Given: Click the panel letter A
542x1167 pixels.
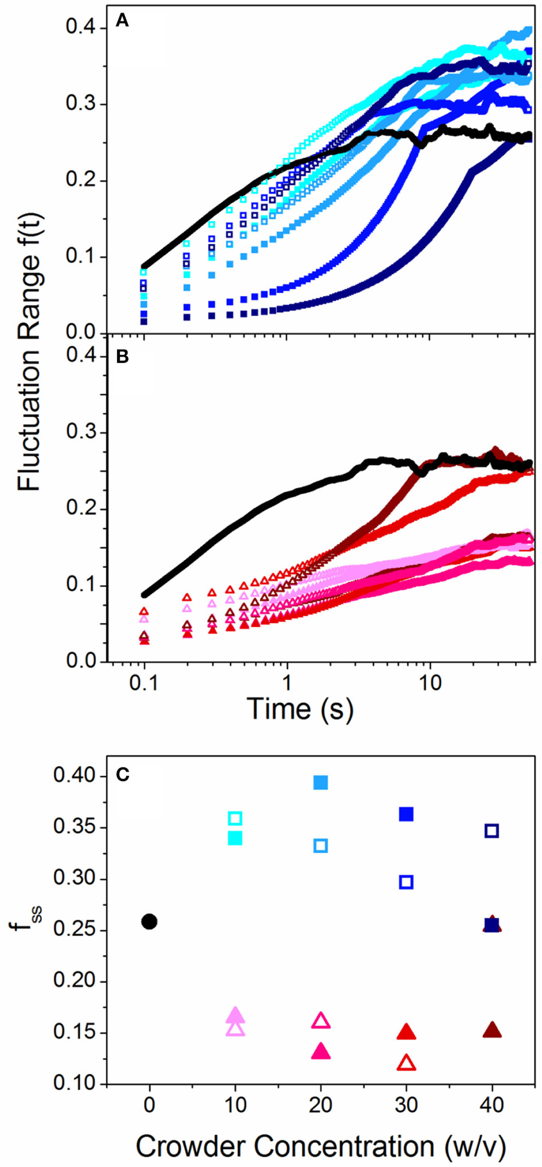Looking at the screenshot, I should (x=122, y=21).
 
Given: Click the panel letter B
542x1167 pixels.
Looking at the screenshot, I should (x=122, y=358).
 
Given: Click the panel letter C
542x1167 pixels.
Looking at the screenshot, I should (x=122, y=775).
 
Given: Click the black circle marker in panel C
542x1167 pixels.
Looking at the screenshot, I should (x=149, y=922).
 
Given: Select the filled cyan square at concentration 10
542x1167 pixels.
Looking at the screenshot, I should (x=235, y=838).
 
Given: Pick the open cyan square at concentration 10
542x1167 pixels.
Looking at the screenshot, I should (x=235, y=818).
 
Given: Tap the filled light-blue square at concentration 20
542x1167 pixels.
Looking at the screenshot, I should (x=321, y=783).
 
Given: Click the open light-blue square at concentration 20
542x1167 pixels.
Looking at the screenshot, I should (x=321, y=845).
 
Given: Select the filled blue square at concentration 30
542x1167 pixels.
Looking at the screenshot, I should (x=406, y=814).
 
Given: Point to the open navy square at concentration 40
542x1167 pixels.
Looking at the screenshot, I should (x=492, y=831).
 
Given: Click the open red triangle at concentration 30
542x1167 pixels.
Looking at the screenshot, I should (x=406, y=1063).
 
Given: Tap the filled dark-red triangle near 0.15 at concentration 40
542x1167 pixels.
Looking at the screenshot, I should (x=492, y=1030).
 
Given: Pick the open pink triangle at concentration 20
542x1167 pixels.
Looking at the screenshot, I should (x=321, y=1020).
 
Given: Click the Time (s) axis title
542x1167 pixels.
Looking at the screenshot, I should (x=300, y=709).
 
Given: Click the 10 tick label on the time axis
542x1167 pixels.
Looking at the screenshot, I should (x=430, y=683).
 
